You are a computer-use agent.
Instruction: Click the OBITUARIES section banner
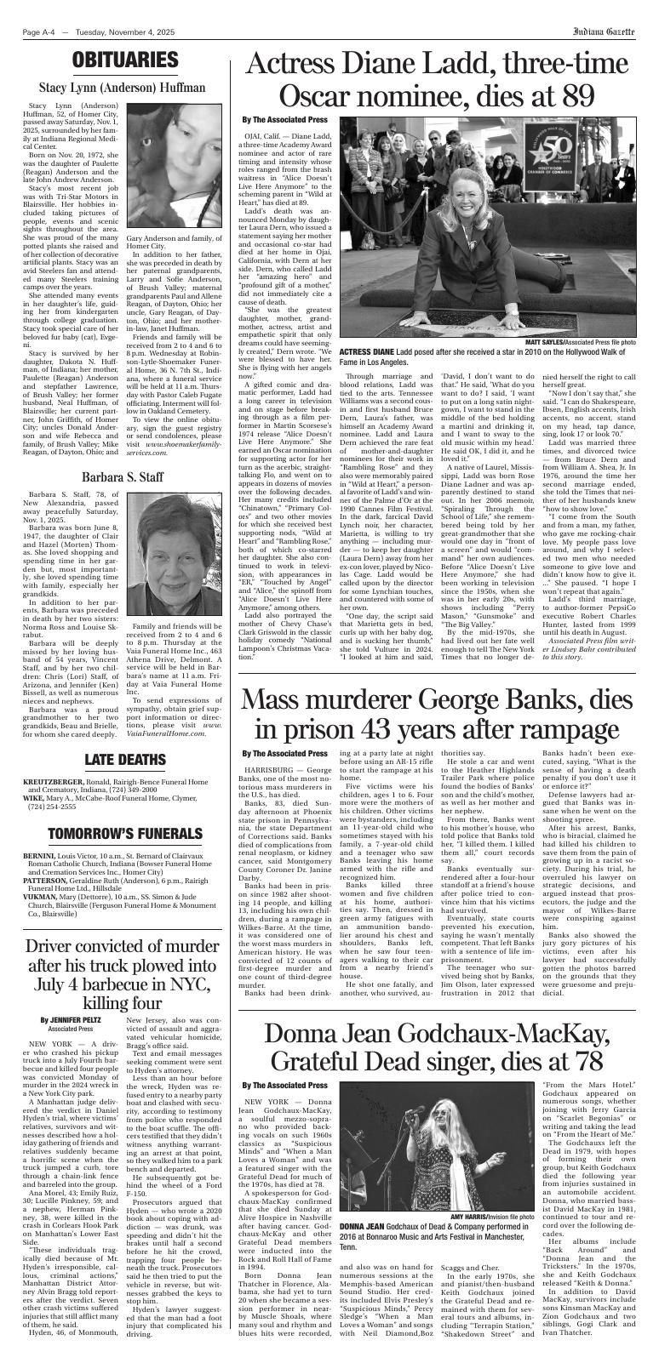[123, 60]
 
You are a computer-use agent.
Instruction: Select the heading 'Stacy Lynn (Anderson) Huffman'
[122, 87]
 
